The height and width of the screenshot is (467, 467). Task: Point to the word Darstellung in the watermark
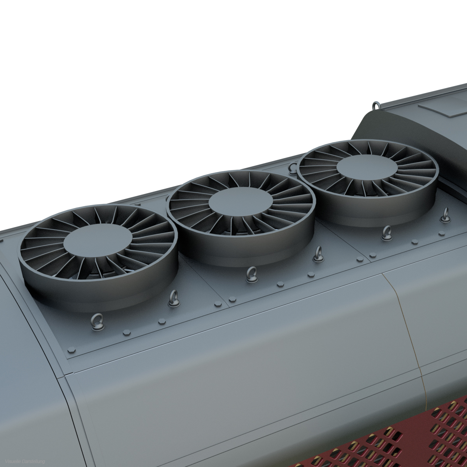click(x=33, y=462)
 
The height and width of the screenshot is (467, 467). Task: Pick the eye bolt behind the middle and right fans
click(x=293, y=168)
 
